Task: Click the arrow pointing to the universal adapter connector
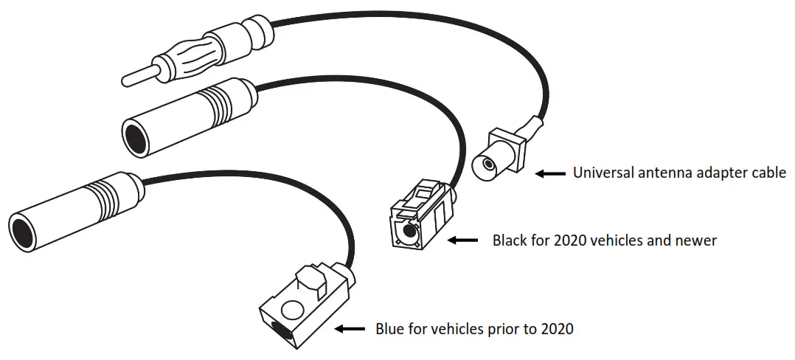click(549, 173)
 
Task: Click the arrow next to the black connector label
click(464, 240)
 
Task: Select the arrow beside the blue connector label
click(350, 328)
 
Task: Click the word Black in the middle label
click(510, 240)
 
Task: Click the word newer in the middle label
click(698, 240)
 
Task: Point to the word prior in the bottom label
click(501, 328)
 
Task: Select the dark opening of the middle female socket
click(136, 138)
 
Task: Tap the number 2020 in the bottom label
click(555, 328)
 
